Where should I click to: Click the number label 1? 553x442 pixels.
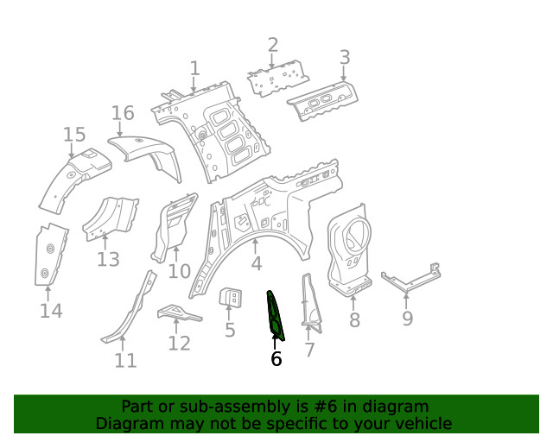pyautogui.click(x=194, y=67)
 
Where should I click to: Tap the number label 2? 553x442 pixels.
pyautogui.click(x=273, y=45)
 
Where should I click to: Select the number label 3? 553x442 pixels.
pyautogui.click(x=344, y=58)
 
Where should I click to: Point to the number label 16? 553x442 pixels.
pyautogui.click(x=123, y=113)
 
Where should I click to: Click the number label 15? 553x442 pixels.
pyautogui.click(x=74, y=134)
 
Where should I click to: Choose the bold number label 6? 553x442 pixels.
pyautogui.click(x=276, y=358)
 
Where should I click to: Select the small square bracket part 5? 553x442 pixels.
pyautogui.click(x=231, y=298)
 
